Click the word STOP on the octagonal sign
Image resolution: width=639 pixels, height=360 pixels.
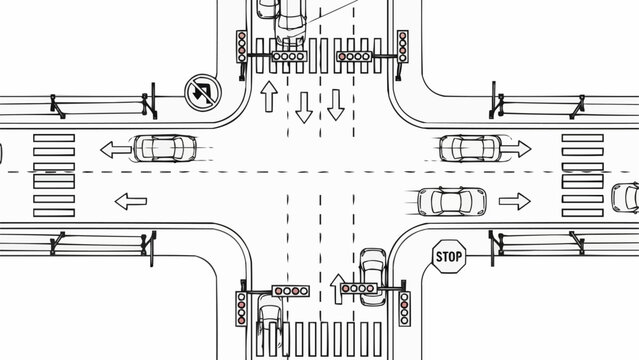[x=449, y=257]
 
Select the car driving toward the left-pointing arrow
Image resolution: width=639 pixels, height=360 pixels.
[x=165, y=149]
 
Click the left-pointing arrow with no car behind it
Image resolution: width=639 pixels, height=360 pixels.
[x=131, y=201]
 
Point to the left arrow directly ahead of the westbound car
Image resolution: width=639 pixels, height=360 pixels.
[x=115, y=150]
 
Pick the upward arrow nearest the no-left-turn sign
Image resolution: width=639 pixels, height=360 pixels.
[x=268, y=97]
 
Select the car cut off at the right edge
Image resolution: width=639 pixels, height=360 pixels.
[x=626, y=197]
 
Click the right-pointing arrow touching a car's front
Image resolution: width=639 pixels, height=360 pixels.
[x=515, y=149]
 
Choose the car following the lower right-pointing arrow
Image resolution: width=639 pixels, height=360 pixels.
[x=451, y=201]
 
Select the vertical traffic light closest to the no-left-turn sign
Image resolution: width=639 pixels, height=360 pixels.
[x=242, y=45]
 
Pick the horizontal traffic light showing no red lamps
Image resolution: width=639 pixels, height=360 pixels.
[x=289, y=58]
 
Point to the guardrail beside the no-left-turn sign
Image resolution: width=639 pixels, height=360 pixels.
[x=100, y=100]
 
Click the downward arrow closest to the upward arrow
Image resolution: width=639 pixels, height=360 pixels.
[x=303, y=106]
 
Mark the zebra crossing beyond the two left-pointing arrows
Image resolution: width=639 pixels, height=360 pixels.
[x=54, y=175]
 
